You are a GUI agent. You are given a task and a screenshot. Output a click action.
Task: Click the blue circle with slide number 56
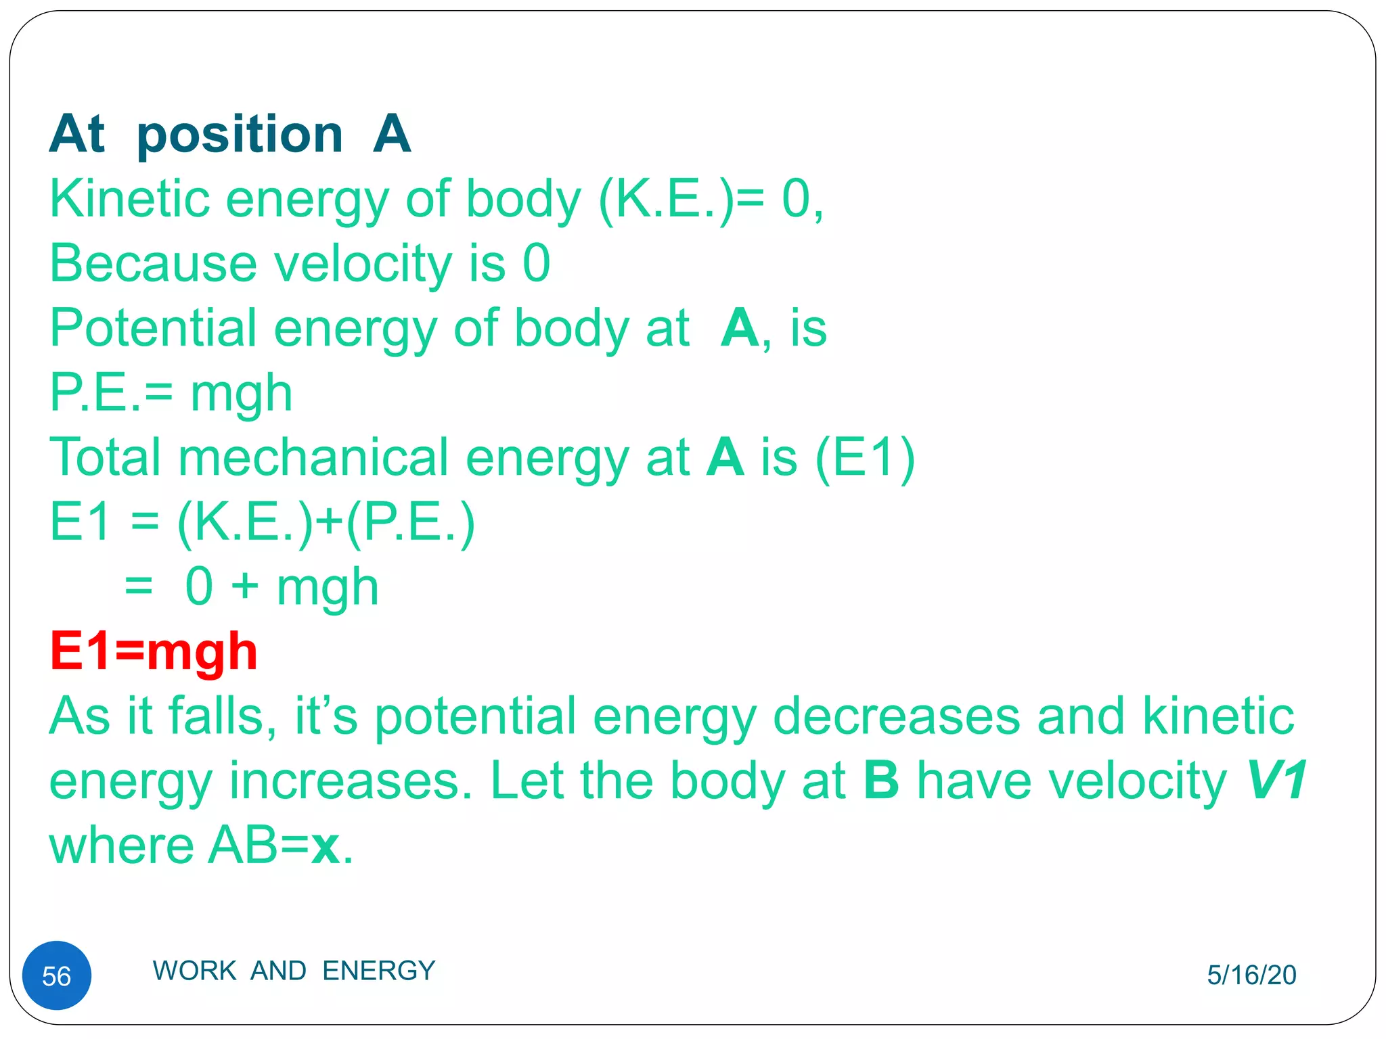point(57,975)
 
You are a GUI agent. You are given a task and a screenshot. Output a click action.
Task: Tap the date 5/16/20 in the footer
point(1251,975)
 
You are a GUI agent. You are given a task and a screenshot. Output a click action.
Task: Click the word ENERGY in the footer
point(378,970)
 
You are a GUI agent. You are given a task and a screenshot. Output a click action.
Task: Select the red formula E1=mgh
point(154,651)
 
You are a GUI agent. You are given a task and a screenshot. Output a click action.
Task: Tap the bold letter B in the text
point(881,781)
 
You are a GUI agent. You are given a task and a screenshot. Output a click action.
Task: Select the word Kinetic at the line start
point(129,199)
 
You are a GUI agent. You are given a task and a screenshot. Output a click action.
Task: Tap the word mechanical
point(313,457)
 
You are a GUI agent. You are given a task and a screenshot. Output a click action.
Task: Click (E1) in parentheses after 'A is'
point(865,457)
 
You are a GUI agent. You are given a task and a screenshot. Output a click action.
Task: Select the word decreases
point(895,716)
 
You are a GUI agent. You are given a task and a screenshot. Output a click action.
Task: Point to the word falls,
point(223,716)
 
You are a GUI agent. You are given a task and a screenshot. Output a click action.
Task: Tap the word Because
point(153,264)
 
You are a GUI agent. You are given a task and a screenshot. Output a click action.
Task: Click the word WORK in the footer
point(194,970)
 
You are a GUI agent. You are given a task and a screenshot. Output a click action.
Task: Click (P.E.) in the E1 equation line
point(410,522)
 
